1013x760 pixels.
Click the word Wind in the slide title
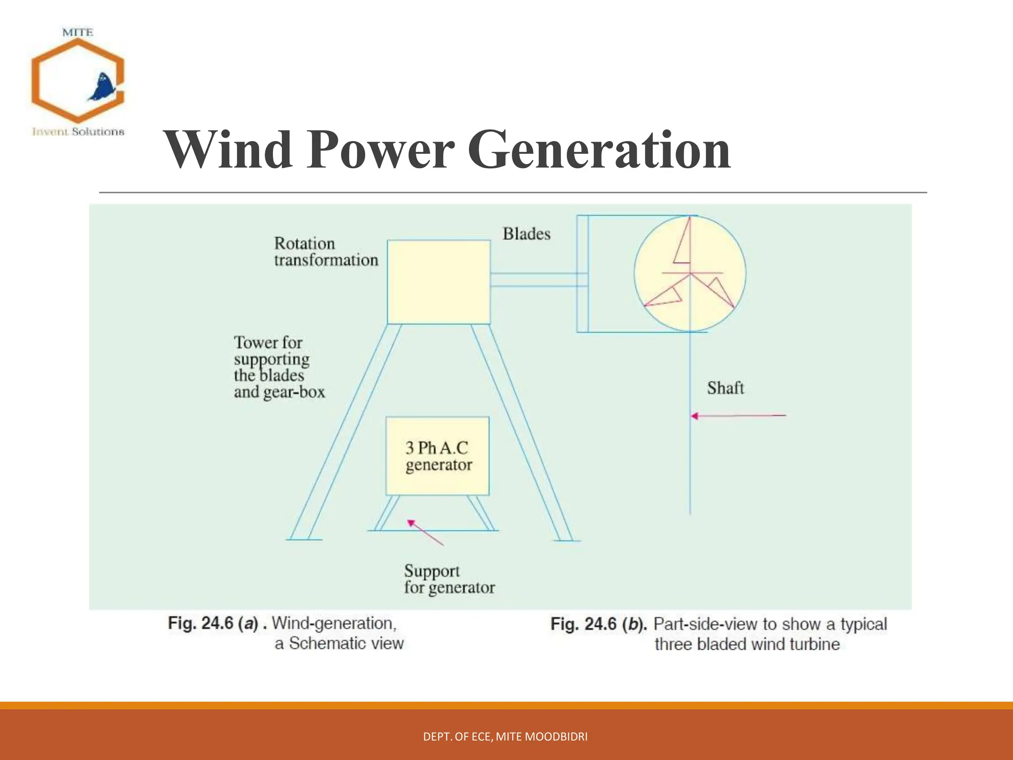tap(229, 149)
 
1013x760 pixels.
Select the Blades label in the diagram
tap(526, 234)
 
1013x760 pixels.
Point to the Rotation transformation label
tap(325, 251)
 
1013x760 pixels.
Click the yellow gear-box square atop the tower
tap(439, 282)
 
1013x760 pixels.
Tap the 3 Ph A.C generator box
tap(438, 456)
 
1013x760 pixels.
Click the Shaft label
tap(725, 388)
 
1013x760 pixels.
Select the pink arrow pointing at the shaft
tap(738, 416)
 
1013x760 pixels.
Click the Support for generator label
tap(449, 579)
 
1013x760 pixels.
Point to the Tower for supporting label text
tap(279, 367)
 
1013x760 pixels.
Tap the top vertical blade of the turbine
tap(684, 242)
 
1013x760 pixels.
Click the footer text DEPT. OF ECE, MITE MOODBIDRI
tap(505, 737)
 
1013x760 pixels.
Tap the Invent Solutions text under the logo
tap(78, 132)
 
